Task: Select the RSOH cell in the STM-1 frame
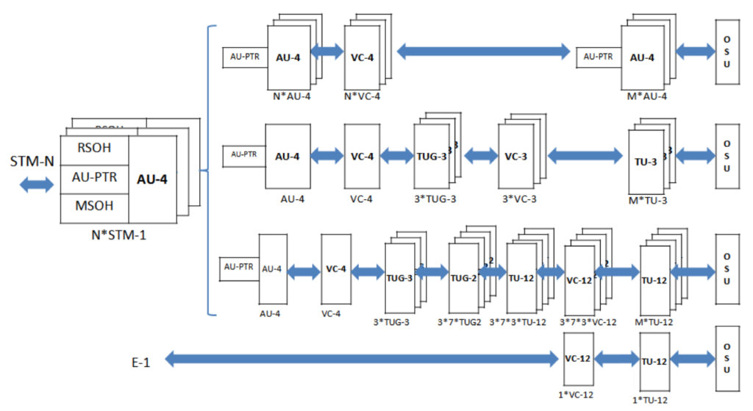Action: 93,148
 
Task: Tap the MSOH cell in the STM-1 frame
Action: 93,205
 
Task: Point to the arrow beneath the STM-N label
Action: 36,184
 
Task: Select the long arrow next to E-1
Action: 360,360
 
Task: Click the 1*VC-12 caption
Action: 577,395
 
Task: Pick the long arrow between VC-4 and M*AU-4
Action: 483,51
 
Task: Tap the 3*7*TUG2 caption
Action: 460,322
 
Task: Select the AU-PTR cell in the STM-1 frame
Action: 93,177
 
